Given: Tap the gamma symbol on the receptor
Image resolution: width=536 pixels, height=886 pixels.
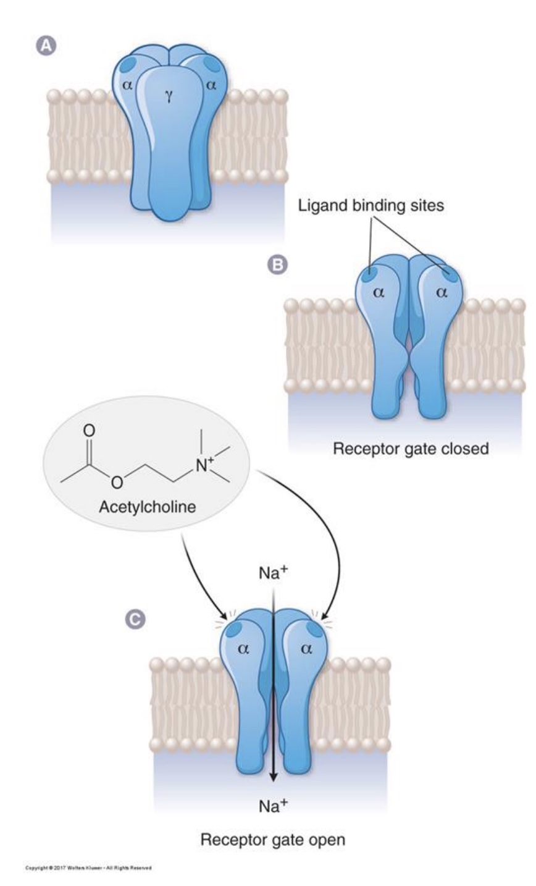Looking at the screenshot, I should (x=168, y=94).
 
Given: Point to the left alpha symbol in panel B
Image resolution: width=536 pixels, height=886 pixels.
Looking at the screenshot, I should (x=379, y=293).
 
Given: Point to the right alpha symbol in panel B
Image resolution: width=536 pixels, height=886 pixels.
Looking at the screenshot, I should (x=442, y=293).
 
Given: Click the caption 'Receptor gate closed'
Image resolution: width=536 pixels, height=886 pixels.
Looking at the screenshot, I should (x=411, y=448).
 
